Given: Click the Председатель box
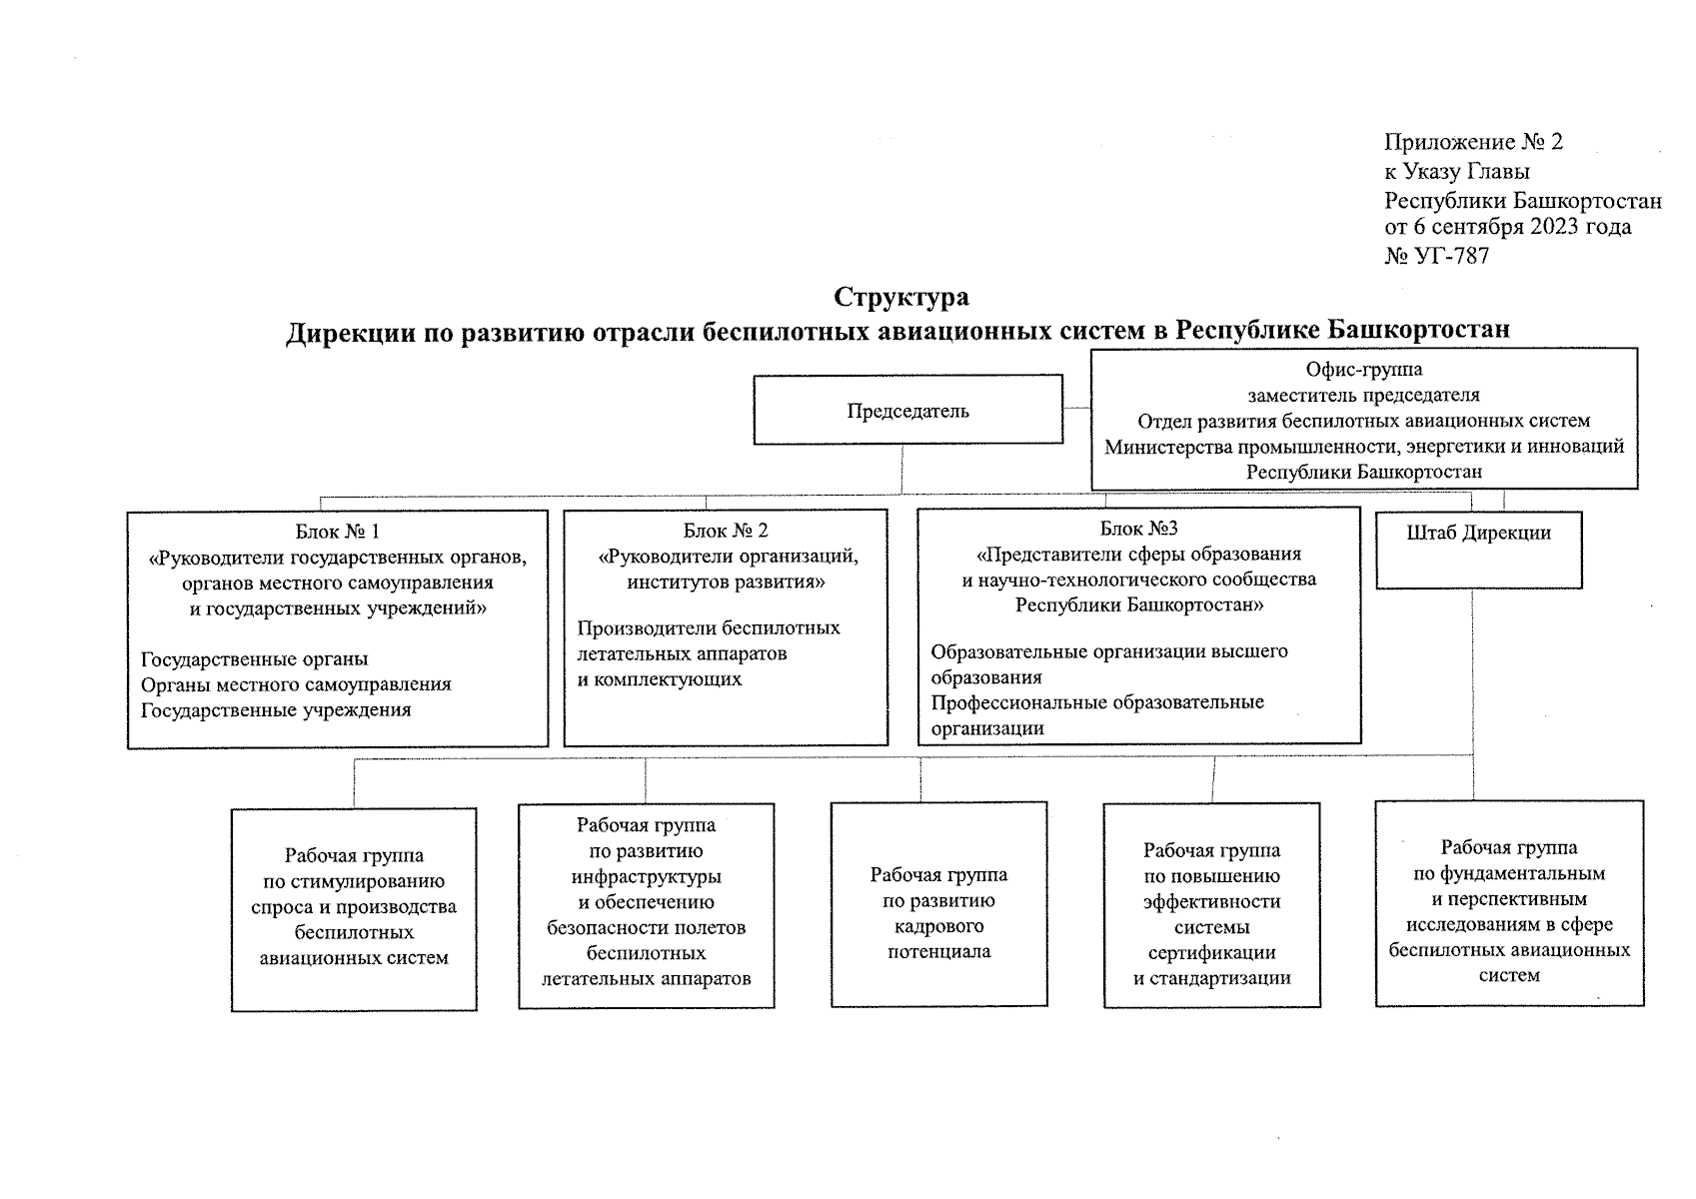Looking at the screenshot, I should click(x=907, y=410).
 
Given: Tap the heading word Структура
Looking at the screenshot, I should click(x=901, y=297).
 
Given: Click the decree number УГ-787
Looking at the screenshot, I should click(x=1451, y=256).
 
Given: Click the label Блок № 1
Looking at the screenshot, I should click(x=337, y=531).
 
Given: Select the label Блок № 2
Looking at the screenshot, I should click(x=726, y=531).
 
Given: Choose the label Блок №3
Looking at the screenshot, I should click(x=1138, y=528).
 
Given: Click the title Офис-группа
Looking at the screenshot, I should click(x=1363, y=370).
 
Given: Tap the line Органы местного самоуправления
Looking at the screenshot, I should click(x=296, y=684).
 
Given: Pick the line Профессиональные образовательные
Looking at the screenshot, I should click(x=1097, y=702).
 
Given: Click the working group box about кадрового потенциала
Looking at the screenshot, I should click(x=938, y=904).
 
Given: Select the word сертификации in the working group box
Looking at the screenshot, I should click(x=1211, y=952).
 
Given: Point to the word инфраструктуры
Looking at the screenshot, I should click(x=646, y=876).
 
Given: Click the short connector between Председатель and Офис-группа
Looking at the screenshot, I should click(x=1076, y=408).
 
